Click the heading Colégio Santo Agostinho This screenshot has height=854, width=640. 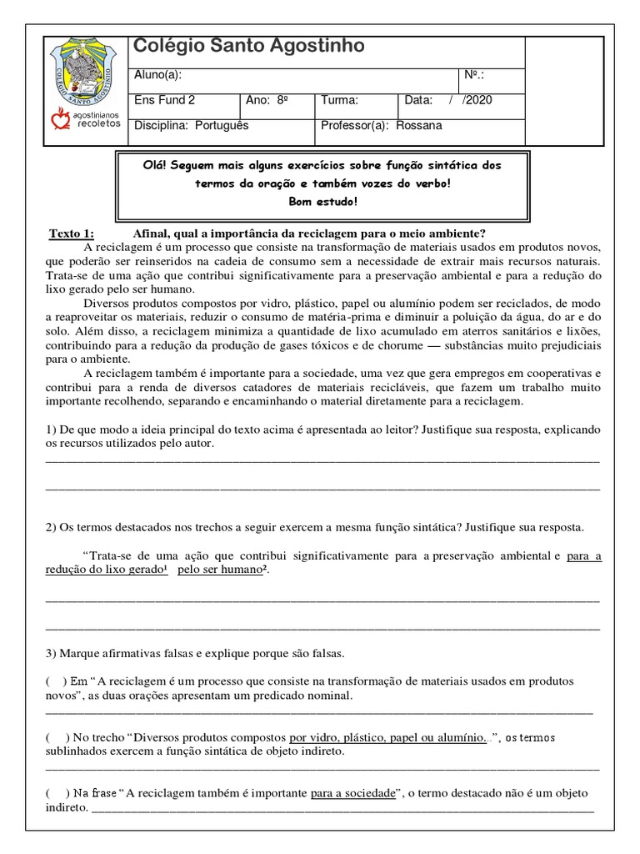pos(249,47)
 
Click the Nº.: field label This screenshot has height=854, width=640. pos(474,76)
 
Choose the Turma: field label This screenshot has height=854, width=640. pos(339,101)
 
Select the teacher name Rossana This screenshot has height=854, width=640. pos(421,126)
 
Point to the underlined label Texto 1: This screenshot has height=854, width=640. pos(72,233)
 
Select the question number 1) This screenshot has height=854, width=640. pos(49,430)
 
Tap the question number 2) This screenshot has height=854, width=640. pos(49,527)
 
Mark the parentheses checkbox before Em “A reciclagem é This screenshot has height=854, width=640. pos(57,681)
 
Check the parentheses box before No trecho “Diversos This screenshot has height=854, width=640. pos(57,737)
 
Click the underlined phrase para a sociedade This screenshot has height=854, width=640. pos(352,793)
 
